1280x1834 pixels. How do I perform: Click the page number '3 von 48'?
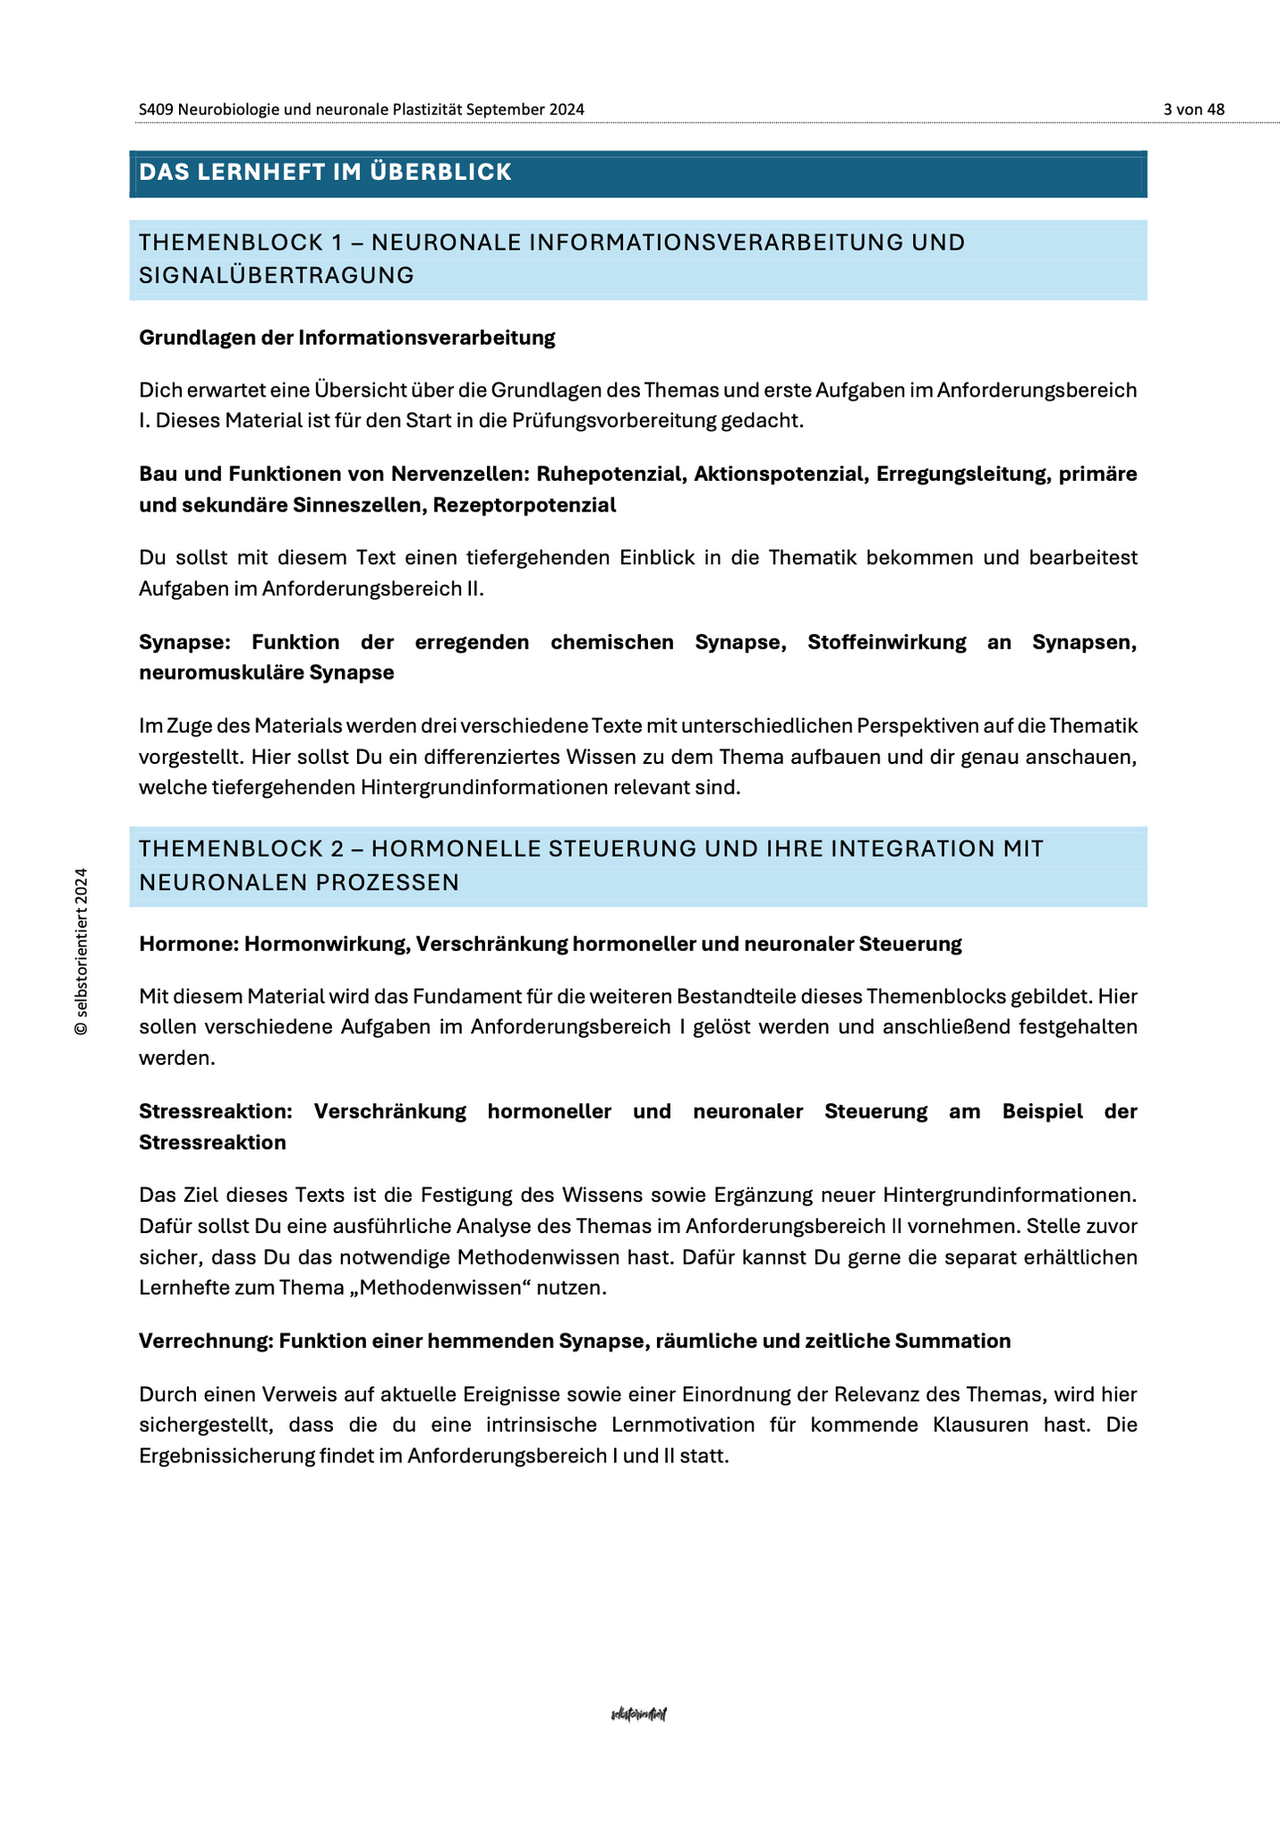1194,109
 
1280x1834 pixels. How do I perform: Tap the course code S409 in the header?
157,109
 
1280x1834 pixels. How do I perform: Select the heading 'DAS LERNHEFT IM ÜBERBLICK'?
326,172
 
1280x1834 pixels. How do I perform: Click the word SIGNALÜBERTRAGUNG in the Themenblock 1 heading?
277,276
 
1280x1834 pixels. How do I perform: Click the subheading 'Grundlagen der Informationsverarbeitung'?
347,338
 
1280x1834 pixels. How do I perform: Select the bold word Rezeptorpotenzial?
525,505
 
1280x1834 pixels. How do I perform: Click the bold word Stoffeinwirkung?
886,642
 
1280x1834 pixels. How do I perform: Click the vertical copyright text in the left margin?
81,951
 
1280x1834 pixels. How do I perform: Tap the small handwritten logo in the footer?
639,1714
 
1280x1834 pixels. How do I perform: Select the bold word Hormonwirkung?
323,944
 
